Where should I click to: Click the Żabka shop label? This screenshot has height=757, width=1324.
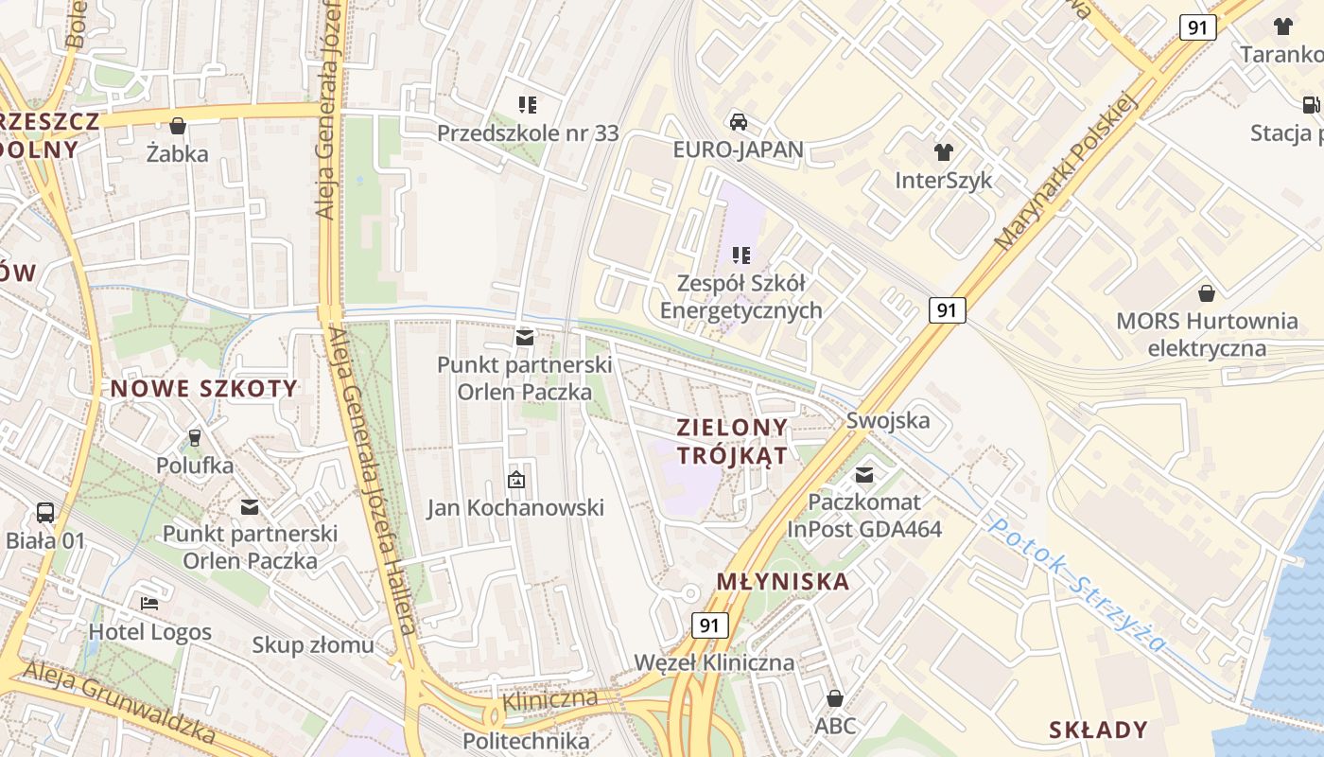point(178,152)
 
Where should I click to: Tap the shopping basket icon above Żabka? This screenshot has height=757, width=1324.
point(178,126)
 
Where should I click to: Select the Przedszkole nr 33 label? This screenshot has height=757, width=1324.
point(528,133)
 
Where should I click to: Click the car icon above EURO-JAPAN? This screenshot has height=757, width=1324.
point(739,122)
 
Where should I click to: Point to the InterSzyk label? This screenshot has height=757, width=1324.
point(943,180)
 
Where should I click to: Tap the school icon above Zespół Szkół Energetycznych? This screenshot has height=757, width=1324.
point(741,255)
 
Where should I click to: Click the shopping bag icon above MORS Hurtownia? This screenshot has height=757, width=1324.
point(1207,293)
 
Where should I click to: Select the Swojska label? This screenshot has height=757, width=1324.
point(888,420)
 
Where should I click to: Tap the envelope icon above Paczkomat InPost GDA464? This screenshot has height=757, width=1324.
point(864,474)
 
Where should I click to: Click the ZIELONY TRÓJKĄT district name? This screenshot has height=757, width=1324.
point(733,441)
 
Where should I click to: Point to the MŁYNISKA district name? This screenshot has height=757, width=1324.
point(783,581)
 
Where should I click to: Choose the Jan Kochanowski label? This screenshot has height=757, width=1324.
point(515,508)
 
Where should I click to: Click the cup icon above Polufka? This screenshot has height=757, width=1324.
point(195,437)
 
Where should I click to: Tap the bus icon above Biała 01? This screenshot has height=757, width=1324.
point(45,513)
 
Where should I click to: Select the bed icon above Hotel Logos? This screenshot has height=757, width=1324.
point(149,603)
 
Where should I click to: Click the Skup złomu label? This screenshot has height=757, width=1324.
point(312,645)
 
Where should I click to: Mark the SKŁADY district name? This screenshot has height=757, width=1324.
point(1098,730)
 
